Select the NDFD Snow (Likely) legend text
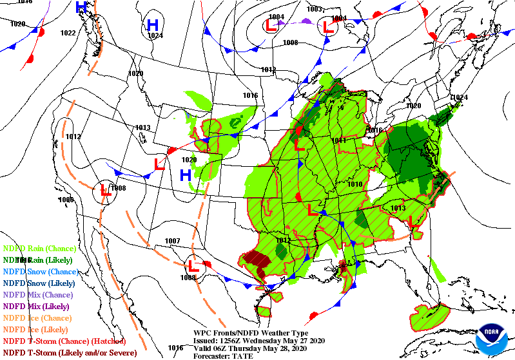(39, 283)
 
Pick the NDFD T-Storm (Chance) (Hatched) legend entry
(64, 341)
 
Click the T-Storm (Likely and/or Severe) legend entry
(70, 352)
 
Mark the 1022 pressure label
(68, 33)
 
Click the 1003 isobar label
(314, 9)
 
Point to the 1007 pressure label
(172, 241)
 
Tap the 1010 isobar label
(355, 184)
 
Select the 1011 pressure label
(339, 140)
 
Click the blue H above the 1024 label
(153, 25)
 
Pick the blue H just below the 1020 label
(186, 175)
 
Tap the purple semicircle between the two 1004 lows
(306, 21)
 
